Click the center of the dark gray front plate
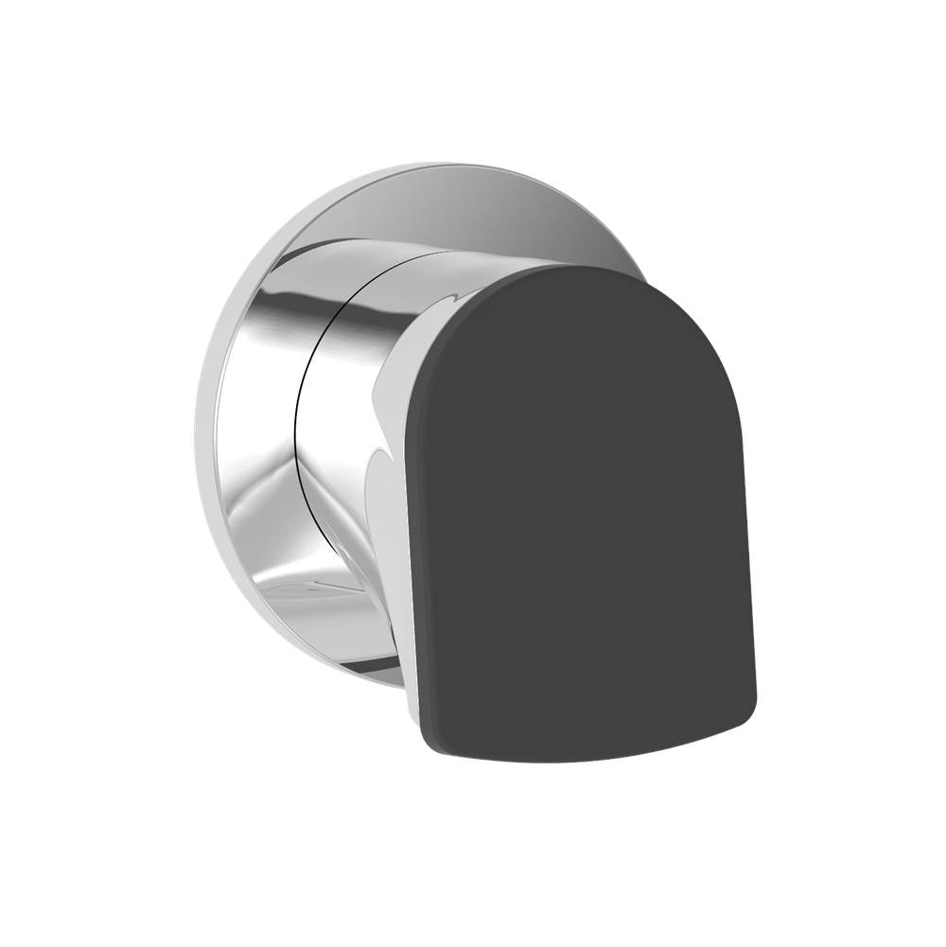(x=579, y=516)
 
